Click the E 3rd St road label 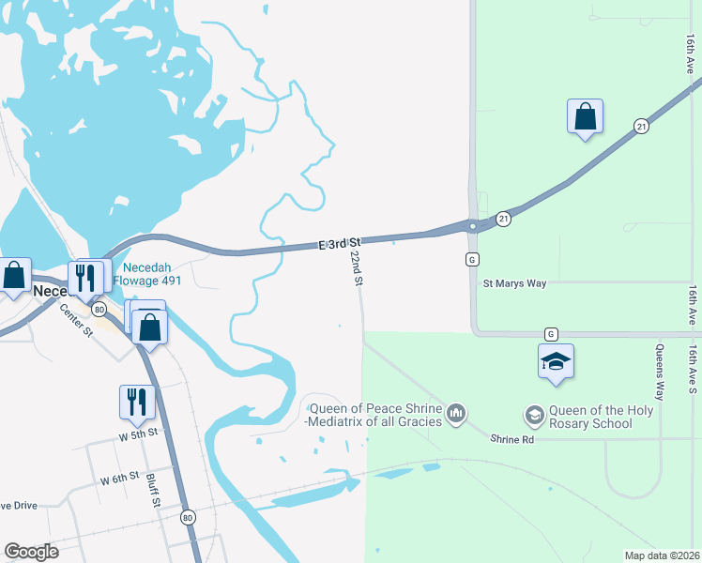[x=340, y=244]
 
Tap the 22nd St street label [x=356, y=267]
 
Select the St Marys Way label [x=514, y=282]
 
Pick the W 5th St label [x=140, y=435]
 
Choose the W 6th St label [x=120, y=479]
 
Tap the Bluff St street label [x=152, y=491]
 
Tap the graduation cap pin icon [x=556, y=361]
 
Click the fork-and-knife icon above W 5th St [x=137, y=401]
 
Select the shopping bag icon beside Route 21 [x=585, y=116]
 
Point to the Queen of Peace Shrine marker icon [x=456, y=413]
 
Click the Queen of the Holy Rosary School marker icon [x=534, y=414]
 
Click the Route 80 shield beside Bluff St [x=188, y=517]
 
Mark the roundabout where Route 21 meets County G [x=474, y=225]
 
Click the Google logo [x=31, y=552]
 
